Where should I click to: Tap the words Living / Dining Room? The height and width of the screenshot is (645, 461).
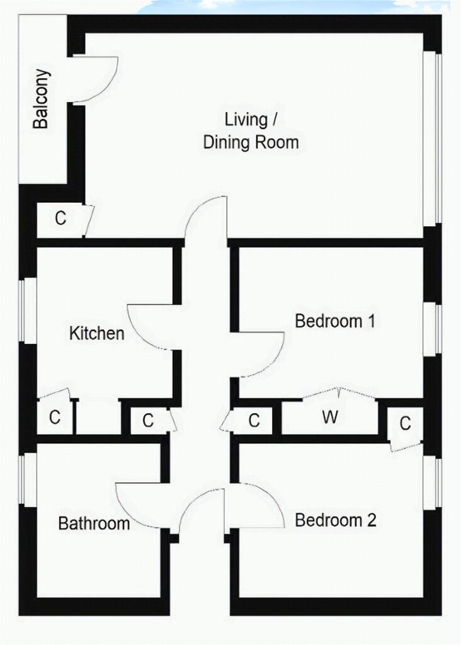click(251, 131)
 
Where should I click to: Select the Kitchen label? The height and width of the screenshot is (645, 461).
click(96, 333)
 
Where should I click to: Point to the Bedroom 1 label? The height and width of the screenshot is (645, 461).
click(335, 321)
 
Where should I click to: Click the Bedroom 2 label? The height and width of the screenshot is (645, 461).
click(336, 520)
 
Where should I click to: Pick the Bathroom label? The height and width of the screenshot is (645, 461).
click(94, 523)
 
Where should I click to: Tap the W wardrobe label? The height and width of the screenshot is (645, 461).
click(330, 417)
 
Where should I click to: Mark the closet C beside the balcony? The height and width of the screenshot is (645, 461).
click(60, 218)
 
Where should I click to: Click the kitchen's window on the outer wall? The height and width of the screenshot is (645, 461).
click(28, 311)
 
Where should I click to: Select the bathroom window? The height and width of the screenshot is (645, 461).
click(28, 479)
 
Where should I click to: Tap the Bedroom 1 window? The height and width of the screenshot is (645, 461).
click(433, 330)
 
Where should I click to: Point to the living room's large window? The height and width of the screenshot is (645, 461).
click(433, 139)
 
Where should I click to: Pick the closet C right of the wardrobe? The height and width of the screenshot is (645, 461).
click(405, 423)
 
